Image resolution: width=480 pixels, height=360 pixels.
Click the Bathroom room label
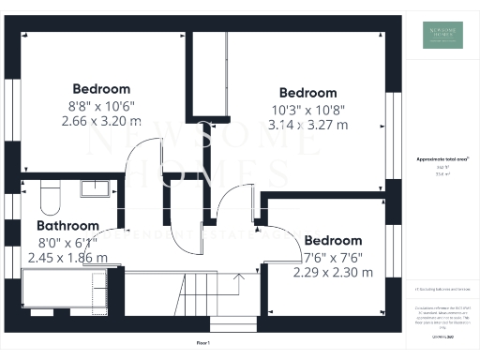pos(67,226)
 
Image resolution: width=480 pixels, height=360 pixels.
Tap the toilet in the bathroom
pos(50,198)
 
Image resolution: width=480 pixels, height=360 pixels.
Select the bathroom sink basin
pos(95,190)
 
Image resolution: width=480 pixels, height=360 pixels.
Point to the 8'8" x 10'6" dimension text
pos(100,106)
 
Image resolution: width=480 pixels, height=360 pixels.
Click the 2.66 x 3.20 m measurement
pos(101,121)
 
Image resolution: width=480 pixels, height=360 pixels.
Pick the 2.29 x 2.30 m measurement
pos(333,273)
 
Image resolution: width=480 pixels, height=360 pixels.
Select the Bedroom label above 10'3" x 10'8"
pos(307,93)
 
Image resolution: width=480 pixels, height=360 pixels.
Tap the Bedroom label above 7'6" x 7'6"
pos(333,241)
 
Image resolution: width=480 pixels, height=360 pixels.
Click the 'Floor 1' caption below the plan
pos(203,343)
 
